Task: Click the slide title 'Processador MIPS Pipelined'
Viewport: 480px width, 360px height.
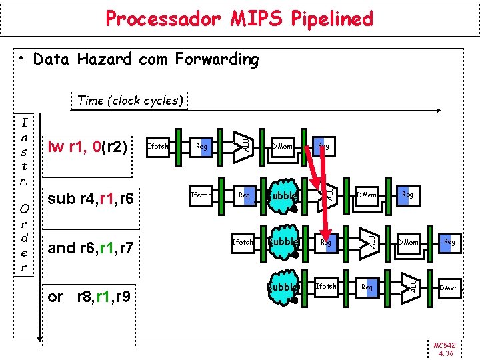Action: [239, 19]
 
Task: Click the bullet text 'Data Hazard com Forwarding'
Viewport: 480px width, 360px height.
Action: [145, 59]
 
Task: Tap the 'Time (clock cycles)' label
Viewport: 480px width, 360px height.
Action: [130, 101]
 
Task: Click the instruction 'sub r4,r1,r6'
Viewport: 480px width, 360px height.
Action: [91, 198]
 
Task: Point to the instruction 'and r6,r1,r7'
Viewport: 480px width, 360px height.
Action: [91, 249]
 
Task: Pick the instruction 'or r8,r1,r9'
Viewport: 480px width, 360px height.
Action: [89, 296]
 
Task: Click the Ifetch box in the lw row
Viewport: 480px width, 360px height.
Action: [158, 146]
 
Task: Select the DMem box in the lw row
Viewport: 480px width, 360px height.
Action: [283, 146]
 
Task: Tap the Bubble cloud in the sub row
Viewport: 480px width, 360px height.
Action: [282, 196]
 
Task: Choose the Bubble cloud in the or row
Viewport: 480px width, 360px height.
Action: [282, 287]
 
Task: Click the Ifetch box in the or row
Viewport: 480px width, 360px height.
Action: [326, 287]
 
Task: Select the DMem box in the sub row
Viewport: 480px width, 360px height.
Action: [367, 195]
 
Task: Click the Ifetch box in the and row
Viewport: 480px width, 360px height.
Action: [243, 243]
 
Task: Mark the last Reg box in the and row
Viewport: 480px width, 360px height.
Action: [449, 243]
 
